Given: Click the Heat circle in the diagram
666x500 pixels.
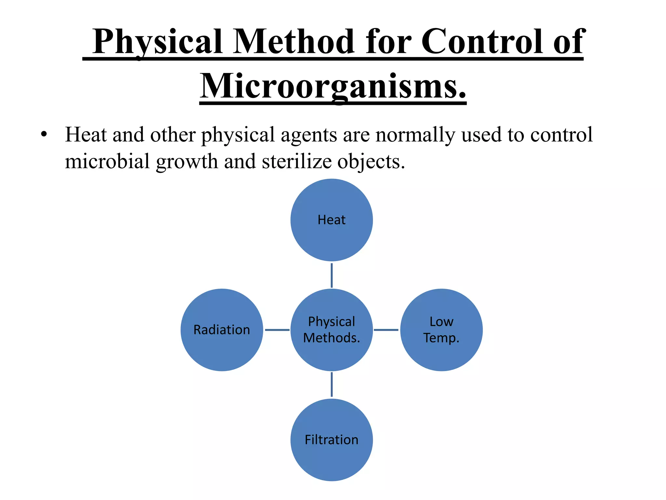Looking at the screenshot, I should (x=331, y=220).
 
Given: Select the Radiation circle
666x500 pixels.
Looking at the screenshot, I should (x=222, y=330).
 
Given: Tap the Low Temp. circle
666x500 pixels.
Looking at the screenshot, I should (x=441, y=330).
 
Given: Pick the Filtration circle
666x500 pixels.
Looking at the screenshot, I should (x=331, y=440).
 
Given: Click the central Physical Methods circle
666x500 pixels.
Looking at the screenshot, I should (x=331, y=330).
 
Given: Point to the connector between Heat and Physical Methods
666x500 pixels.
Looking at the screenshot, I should (x=331, y=275).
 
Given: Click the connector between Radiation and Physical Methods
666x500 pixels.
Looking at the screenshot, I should (x=277, y=330).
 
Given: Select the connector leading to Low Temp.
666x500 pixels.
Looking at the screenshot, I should (x=386, y=330).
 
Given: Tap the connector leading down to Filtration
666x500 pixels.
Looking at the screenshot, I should (x=331, y=385).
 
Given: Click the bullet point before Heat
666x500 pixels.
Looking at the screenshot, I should (x=44, y=134).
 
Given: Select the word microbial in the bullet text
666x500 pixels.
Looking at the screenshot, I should (x=107, y=161).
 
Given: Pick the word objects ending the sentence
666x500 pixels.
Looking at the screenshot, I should (x=371, y=161).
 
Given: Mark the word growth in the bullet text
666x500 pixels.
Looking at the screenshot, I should (x=187, y=161).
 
